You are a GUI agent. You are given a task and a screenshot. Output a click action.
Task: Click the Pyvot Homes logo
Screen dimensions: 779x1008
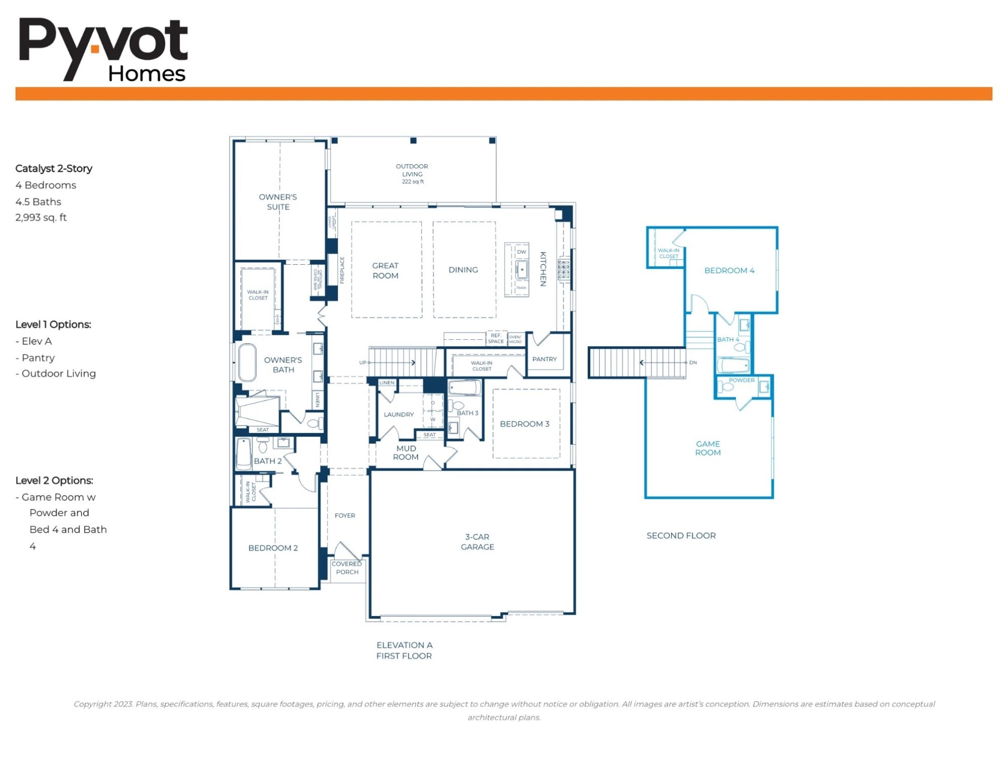click(x=103, y=50)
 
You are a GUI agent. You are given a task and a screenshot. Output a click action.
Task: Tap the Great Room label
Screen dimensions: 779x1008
click(x=385, y=271)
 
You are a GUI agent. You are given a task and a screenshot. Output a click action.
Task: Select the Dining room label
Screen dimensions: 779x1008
click(x=463, y=270)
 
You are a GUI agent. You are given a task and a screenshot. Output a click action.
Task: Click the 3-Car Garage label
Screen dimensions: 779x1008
click(x=477, y=542)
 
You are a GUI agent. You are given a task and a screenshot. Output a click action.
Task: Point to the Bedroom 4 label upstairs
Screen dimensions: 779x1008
click(x=729, y=271)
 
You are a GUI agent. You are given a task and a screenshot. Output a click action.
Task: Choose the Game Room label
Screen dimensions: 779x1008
click(x=708, y=448)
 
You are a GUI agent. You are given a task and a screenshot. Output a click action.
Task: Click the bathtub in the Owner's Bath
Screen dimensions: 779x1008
click(x=247, y=362)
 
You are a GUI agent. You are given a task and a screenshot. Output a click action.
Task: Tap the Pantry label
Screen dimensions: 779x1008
click(x=545, y=359)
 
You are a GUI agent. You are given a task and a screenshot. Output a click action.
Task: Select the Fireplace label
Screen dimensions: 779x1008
click(x=342, y=270)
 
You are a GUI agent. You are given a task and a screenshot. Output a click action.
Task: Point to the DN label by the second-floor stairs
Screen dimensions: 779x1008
click(x=693, y=363)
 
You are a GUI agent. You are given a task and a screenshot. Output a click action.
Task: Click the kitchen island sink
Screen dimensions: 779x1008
click(x=522, y=270)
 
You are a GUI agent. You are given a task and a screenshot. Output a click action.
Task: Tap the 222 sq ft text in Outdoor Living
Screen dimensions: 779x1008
click(x=413, y=182)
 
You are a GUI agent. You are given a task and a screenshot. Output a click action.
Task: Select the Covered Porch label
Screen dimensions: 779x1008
click(x=347, y=568)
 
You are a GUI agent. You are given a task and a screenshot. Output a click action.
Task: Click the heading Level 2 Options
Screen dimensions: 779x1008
click(x=54, y=480)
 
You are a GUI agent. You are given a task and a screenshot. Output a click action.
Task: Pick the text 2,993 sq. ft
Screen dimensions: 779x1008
click(x=41, y=218)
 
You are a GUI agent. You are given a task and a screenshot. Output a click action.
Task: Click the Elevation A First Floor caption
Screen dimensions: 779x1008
click(x=404, y=651)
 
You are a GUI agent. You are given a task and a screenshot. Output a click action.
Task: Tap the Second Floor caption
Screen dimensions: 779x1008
click(x=681, y=536)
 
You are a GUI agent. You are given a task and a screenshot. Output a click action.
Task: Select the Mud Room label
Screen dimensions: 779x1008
click(x=406, y=453)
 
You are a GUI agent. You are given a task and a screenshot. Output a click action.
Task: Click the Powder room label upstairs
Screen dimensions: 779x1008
click(x=741, y=380)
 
